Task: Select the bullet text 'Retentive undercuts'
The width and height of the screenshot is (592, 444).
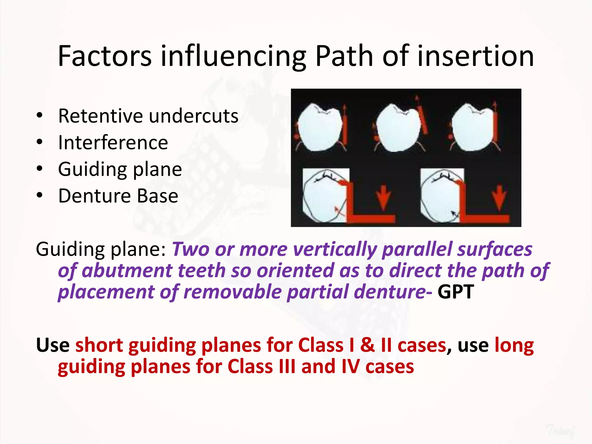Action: [148, 116]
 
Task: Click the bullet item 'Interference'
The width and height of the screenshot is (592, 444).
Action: [113, 143]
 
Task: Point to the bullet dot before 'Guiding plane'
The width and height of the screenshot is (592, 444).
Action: [40, 169]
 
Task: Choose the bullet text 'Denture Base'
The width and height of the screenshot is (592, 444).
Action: [118, 196]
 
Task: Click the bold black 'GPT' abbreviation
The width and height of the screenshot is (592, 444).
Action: [456, 292]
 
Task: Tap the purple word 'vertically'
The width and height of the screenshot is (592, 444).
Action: [335, 249]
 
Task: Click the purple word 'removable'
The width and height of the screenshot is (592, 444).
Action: [233, 292]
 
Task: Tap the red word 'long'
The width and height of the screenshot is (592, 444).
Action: [514, 345]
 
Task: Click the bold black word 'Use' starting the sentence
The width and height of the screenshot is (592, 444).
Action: [53, 345]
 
